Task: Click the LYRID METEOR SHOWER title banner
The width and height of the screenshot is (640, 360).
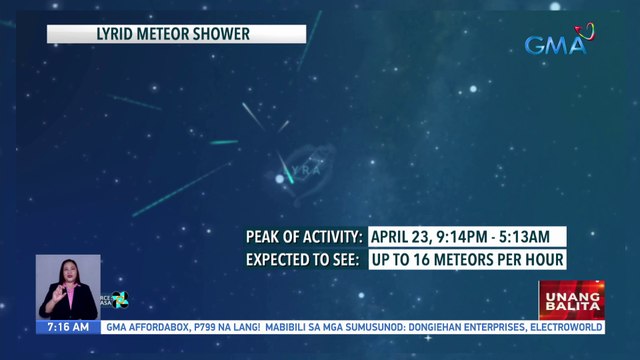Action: click(176, 34)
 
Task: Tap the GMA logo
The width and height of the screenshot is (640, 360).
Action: click(559, 44)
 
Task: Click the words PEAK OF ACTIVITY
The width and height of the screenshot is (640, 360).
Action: click(304, 237)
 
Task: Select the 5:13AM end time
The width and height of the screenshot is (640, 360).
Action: click(533, 237)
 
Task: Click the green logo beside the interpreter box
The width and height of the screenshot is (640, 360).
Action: click(118, 299)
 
